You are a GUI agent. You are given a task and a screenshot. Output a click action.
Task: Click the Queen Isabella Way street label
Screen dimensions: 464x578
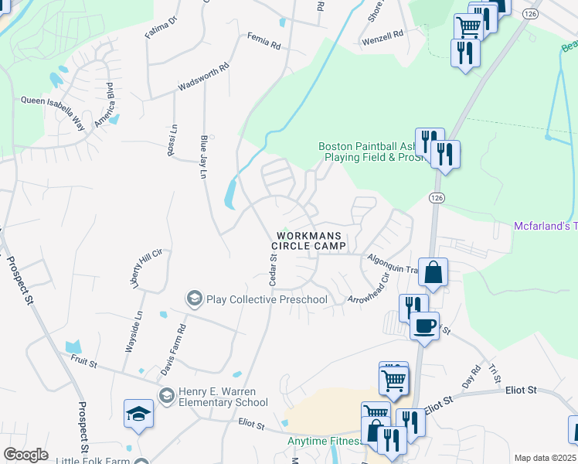(x=52, y=100)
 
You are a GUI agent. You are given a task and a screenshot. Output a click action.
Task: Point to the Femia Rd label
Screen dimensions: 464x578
(x=263, y=40)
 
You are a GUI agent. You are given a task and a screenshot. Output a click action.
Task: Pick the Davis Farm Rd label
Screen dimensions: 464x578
(x=173, y=350)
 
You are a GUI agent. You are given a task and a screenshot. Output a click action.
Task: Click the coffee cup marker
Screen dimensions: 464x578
(x=423, y=325)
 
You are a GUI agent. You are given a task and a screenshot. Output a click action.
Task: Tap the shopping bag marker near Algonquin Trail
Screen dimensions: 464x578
(x=433, y=272)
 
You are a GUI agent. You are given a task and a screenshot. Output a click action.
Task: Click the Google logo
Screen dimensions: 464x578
(x=25, y=455)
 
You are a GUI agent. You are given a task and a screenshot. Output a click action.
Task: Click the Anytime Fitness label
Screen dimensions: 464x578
(x=325, y=441)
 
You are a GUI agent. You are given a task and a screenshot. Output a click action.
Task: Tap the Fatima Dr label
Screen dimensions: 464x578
(x=161, y=28)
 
